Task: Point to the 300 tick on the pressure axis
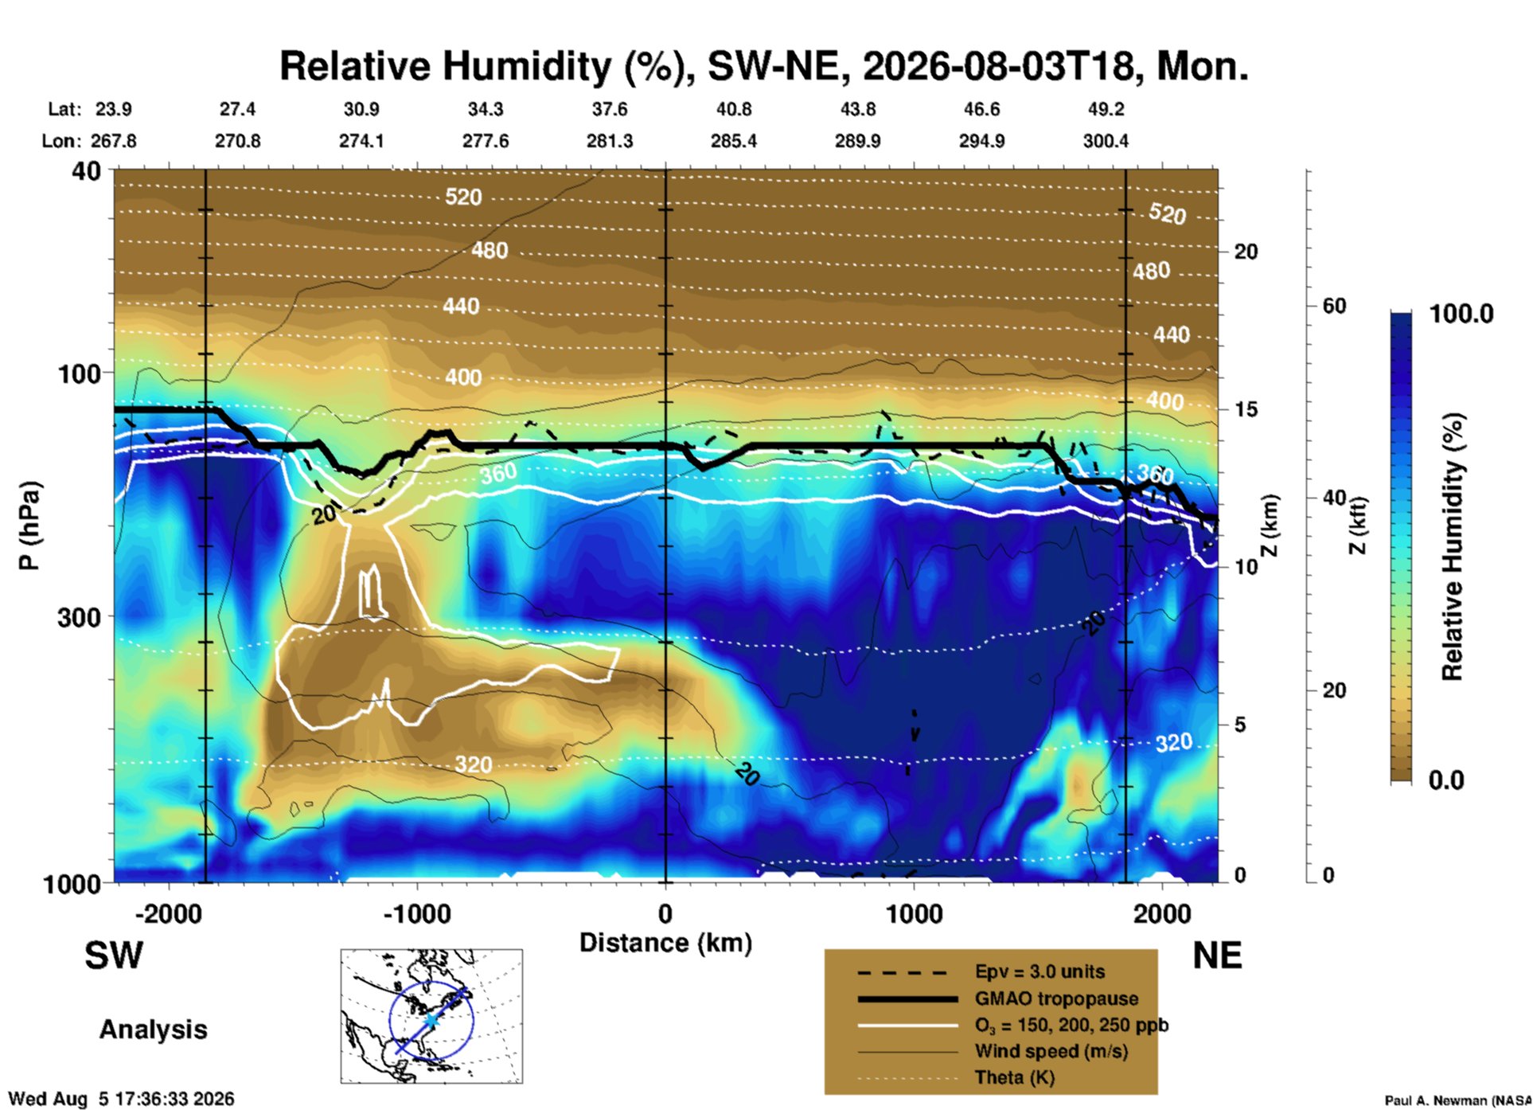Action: click(79, 617)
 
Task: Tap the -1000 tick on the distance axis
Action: click(416, 913)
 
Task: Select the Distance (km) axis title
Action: click(665, 943)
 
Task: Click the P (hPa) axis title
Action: click(29, 526)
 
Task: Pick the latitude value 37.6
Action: click(610, 109)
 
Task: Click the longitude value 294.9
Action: click(981, 141)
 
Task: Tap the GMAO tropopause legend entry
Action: click(1056, 999)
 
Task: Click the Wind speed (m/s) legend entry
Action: click(1051, 1051)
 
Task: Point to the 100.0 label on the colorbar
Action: click(1461, 314)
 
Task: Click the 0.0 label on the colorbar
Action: click(1446, 780)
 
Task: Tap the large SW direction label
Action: click(114, 956)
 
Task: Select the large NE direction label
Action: click(1217, 956)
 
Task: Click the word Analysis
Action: click(153, 1030)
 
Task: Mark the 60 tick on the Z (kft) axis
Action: click(1335, 306)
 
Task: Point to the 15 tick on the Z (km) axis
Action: click(1246, 409)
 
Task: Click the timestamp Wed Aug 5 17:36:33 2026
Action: click(121, 1099)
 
